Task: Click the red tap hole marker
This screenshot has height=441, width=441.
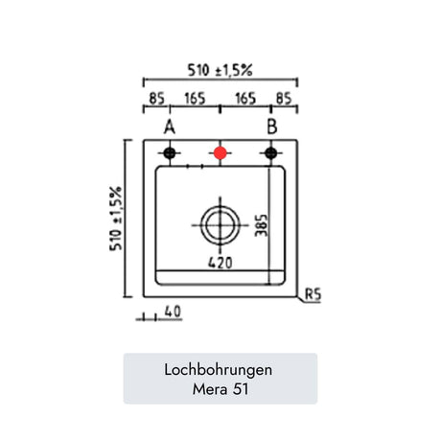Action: pos(220,153)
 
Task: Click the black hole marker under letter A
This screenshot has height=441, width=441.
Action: pos(170,153)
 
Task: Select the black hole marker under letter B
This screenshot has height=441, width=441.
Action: pos(271,153)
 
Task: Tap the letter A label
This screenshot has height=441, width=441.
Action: pos(170,127)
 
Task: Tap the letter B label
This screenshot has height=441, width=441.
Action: pos(272,127)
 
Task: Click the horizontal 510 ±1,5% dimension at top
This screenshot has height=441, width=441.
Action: pos(220,70)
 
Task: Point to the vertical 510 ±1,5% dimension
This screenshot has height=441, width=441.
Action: pos(116,219)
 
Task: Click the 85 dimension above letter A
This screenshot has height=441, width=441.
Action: pos(156,99)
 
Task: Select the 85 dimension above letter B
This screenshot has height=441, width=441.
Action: pos(284,99)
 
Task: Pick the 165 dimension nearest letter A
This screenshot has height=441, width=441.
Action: pos(195,99)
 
